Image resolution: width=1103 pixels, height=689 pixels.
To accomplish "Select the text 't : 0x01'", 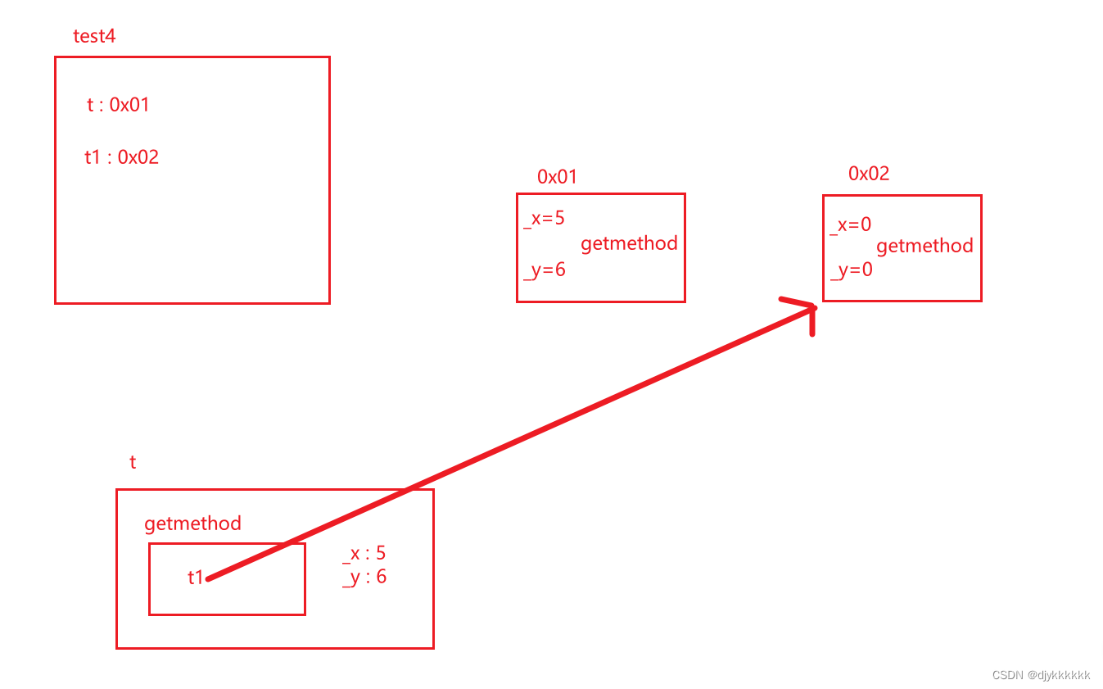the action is [118, 104].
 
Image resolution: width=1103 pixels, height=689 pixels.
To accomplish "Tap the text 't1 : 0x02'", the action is [121, 156].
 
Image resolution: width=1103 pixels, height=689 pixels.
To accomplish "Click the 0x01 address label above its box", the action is [558, 176].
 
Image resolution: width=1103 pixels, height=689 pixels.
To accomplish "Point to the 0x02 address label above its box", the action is [869, 173].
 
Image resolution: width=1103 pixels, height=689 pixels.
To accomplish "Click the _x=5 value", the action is [544, 218].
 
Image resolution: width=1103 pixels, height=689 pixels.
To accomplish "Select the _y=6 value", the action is [544, 269].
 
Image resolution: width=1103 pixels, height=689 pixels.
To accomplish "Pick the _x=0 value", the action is [850, 224].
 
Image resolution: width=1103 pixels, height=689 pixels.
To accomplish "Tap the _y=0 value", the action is [851, 269].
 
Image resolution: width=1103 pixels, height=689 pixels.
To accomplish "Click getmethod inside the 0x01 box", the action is [629, 243].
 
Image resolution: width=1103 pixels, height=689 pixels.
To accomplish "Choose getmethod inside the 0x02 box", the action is [924, 246].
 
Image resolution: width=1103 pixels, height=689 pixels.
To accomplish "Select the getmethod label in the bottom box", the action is [192, 524].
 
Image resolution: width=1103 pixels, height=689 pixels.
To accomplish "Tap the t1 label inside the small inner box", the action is [195, 578].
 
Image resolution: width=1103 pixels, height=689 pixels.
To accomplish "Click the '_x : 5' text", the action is [364, 554].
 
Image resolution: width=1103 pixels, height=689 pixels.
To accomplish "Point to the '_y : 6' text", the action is [364, 577].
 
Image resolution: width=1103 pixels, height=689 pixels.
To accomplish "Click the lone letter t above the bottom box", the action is [133, 462].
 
